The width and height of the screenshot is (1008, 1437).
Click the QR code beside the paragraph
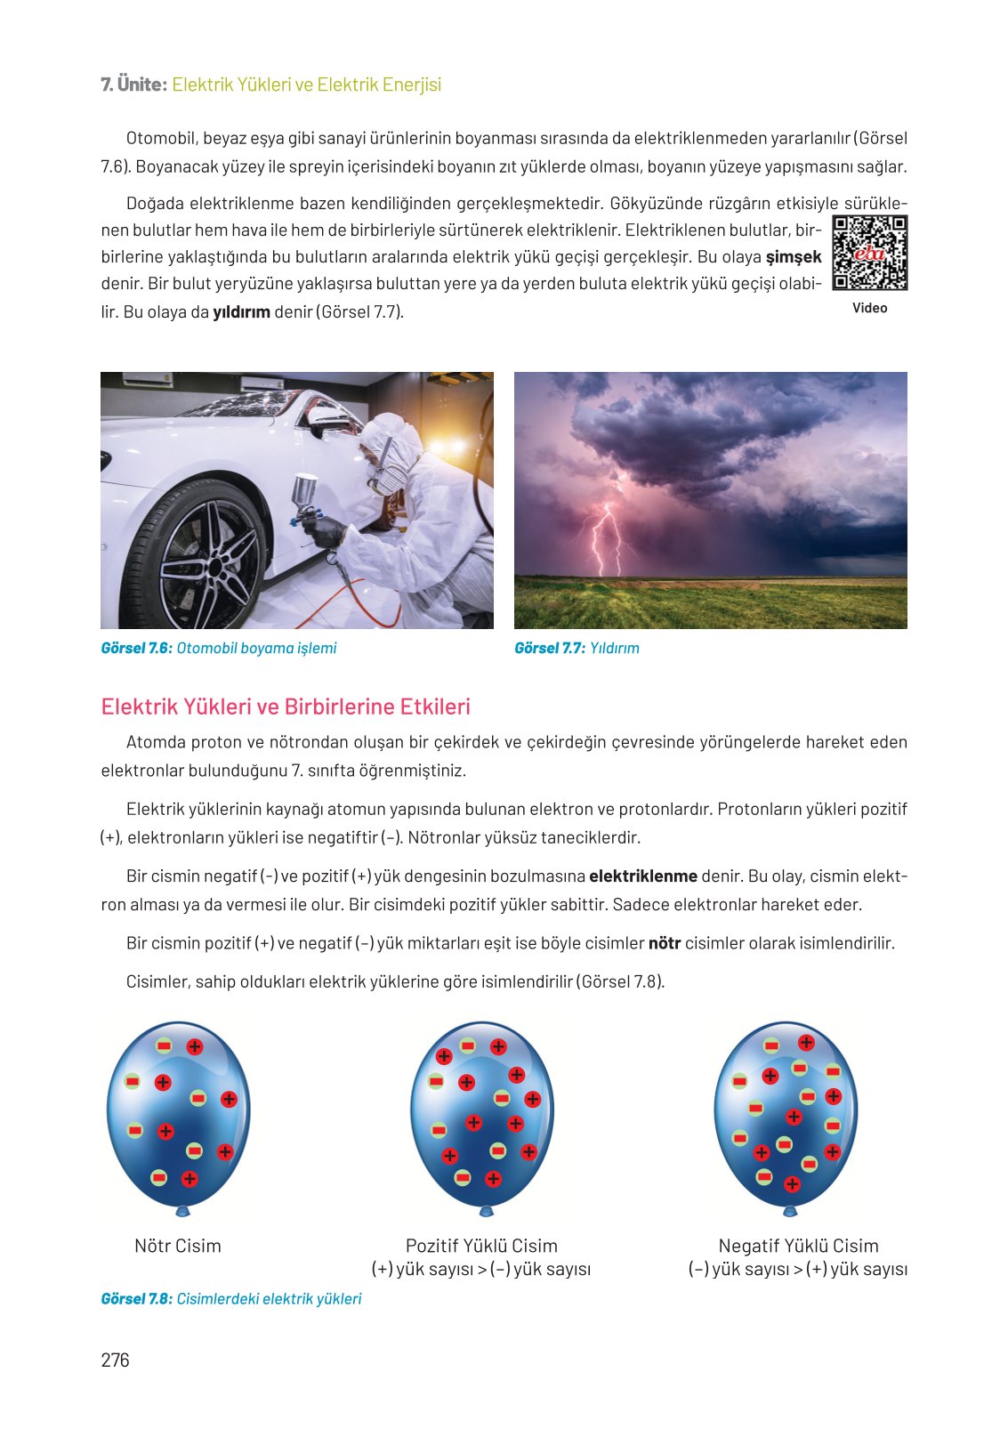(x=869, y=254)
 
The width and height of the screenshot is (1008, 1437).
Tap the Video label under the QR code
(x=869, y=308)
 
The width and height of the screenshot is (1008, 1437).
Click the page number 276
(x=116, y=1360)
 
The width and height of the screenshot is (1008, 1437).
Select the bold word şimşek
(x=794, y=257)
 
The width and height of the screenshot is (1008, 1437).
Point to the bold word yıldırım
(x=241, y=312)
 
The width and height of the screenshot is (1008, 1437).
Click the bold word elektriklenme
(x=642, y=876)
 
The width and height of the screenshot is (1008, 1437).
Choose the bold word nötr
(x=664, y=943)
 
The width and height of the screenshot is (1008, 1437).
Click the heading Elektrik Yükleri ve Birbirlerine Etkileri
(x=286, y=706)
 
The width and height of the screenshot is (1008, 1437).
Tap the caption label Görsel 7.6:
(x=136, y=648)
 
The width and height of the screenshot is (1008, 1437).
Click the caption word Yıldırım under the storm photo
(x=615, y=648)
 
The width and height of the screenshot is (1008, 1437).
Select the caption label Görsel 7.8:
(x=136, y=1299)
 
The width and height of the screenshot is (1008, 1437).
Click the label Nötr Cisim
(x=178, y=1246)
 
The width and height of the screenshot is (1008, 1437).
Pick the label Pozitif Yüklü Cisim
(x=481, y=1246)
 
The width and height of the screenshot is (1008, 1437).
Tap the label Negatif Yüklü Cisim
(x=798, y=1246)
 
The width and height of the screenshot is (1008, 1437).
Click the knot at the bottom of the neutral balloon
(x=183, y=1211)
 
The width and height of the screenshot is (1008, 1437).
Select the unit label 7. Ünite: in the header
(x=133, y=85)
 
